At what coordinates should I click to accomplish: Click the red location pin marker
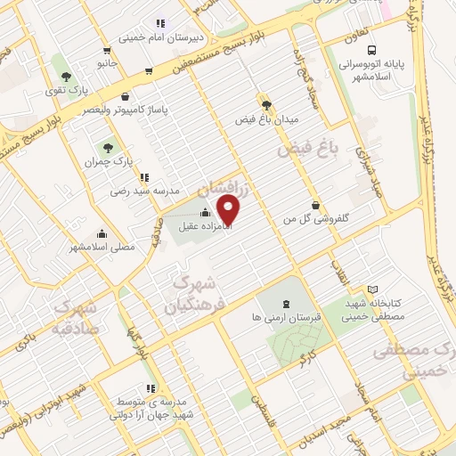pos(230,210)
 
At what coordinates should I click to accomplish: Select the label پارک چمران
pos(110,163)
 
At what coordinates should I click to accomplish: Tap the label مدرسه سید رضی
pos(145,191)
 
